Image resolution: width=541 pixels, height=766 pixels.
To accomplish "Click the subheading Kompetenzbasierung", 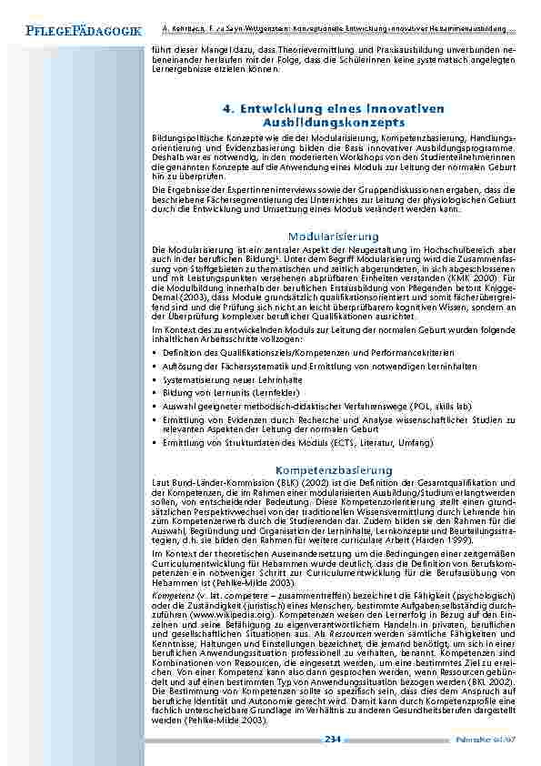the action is click(x=334, y=469).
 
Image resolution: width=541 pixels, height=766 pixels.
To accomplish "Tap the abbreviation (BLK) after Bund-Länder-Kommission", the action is click(x=243, y=481).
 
